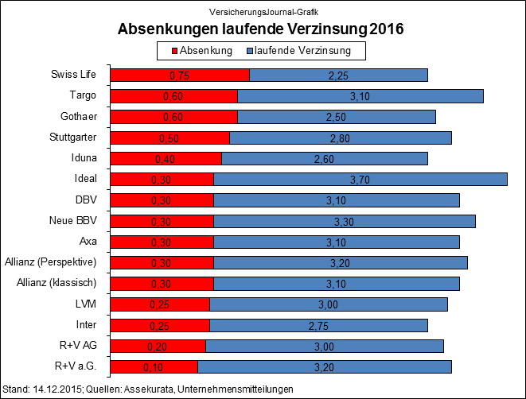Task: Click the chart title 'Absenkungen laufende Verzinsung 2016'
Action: pyautogui.click(x=261, y=29)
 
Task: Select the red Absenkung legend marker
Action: pyautogui.click(x=174, y=51)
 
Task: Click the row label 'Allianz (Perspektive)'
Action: pyautogui.click(x=50, y=261)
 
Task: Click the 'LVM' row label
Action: pyautogui.click(x=86, y=304)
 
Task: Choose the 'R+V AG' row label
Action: pyautogui.click(x=80, y=345)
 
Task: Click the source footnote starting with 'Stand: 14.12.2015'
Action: pyautogui.click(x=149, y=389)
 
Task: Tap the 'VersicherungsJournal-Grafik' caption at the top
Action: pyautogui.click(x=261, y=12)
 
